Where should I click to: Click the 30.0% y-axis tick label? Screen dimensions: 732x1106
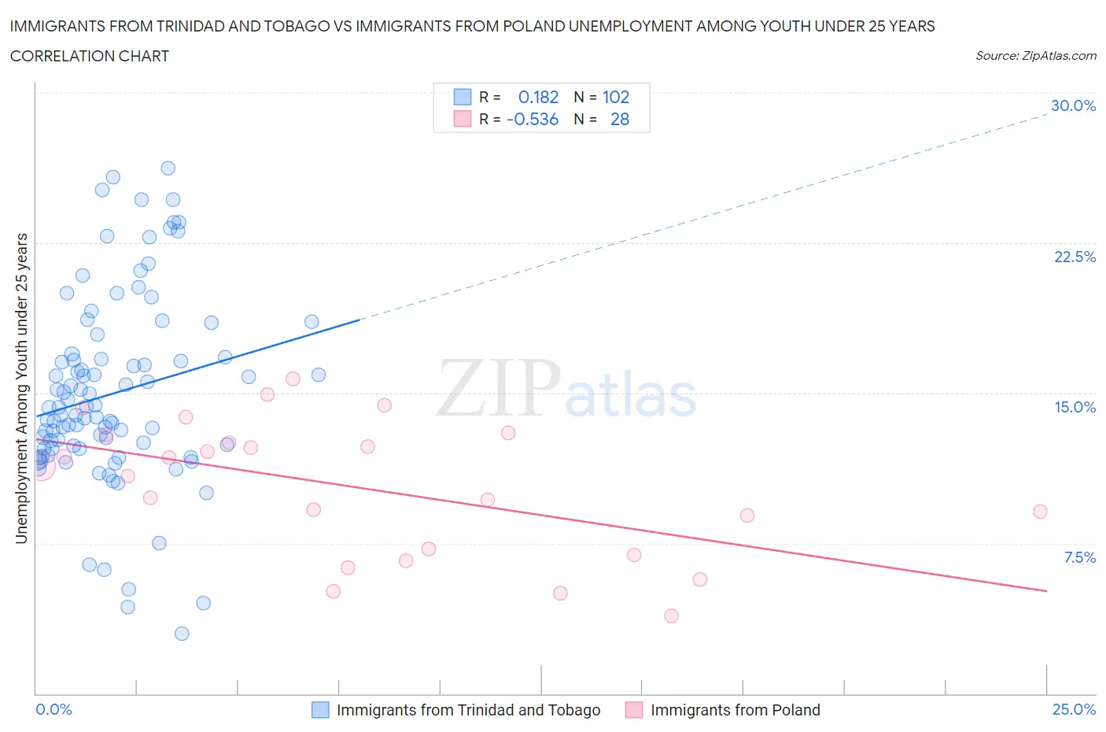(x=1073, y=105)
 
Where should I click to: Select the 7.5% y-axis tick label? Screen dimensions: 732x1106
(x=1079, y=557)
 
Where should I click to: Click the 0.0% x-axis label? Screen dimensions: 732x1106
(x=53, y=709)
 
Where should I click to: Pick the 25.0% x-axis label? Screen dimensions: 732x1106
(x=1074, y=709)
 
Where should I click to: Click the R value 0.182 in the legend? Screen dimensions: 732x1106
(x=538, y=97)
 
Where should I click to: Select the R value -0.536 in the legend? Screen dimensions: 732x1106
(x=533, y=119)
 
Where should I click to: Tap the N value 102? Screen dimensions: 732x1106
(x=616, y=97)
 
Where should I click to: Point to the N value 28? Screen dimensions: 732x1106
(x=620, y=119)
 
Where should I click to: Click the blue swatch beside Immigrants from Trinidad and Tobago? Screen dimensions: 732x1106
(x=320, y=710)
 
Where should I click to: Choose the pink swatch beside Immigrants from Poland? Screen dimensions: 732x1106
(x=634, y=710)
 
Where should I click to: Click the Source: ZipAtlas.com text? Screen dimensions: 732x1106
(x=1035, y=55)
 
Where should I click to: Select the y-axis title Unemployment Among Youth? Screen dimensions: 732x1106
(x=21, y=388)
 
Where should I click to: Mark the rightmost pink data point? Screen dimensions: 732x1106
(x=1040, y=512)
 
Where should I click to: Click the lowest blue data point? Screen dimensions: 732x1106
(x=182, y=634)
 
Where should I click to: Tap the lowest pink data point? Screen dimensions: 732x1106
(x=671, y=616)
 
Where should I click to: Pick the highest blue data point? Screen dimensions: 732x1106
(x=168, y=168)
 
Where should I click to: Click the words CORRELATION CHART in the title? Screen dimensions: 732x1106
(x=90, y=56)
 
